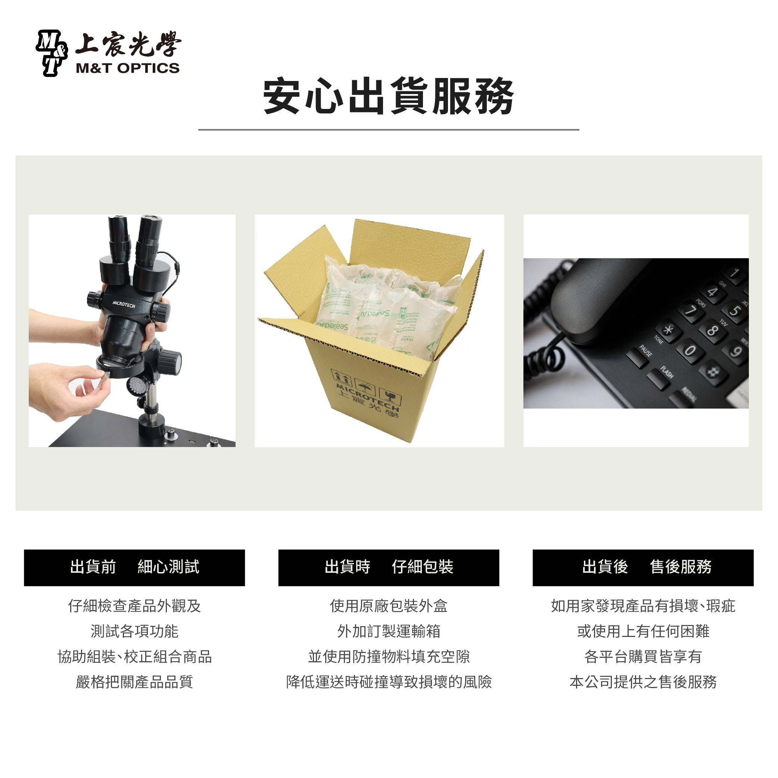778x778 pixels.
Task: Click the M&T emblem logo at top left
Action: click(51, 53)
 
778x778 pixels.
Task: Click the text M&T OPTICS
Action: click(127, 68)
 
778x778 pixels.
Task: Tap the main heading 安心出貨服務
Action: click(388, 97)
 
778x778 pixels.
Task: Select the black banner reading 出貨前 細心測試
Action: click(134, 567)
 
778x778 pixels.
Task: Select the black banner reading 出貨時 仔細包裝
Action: click(388, 567)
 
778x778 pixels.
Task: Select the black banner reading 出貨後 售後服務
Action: click(642, 567)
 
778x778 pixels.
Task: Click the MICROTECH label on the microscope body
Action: click(124, 304)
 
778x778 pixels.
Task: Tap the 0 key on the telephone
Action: click(690, 350)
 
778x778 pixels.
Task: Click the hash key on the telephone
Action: click(713, 371)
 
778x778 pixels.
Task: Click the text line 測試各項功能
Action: click(134, 631)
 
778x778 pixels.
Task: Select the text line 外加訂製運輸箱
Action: click(388, 631)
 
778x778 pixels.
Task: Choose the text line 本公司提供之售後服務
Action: click(642, 682)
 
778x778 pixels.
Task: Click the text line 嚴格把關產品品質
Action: click(134, 682)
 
